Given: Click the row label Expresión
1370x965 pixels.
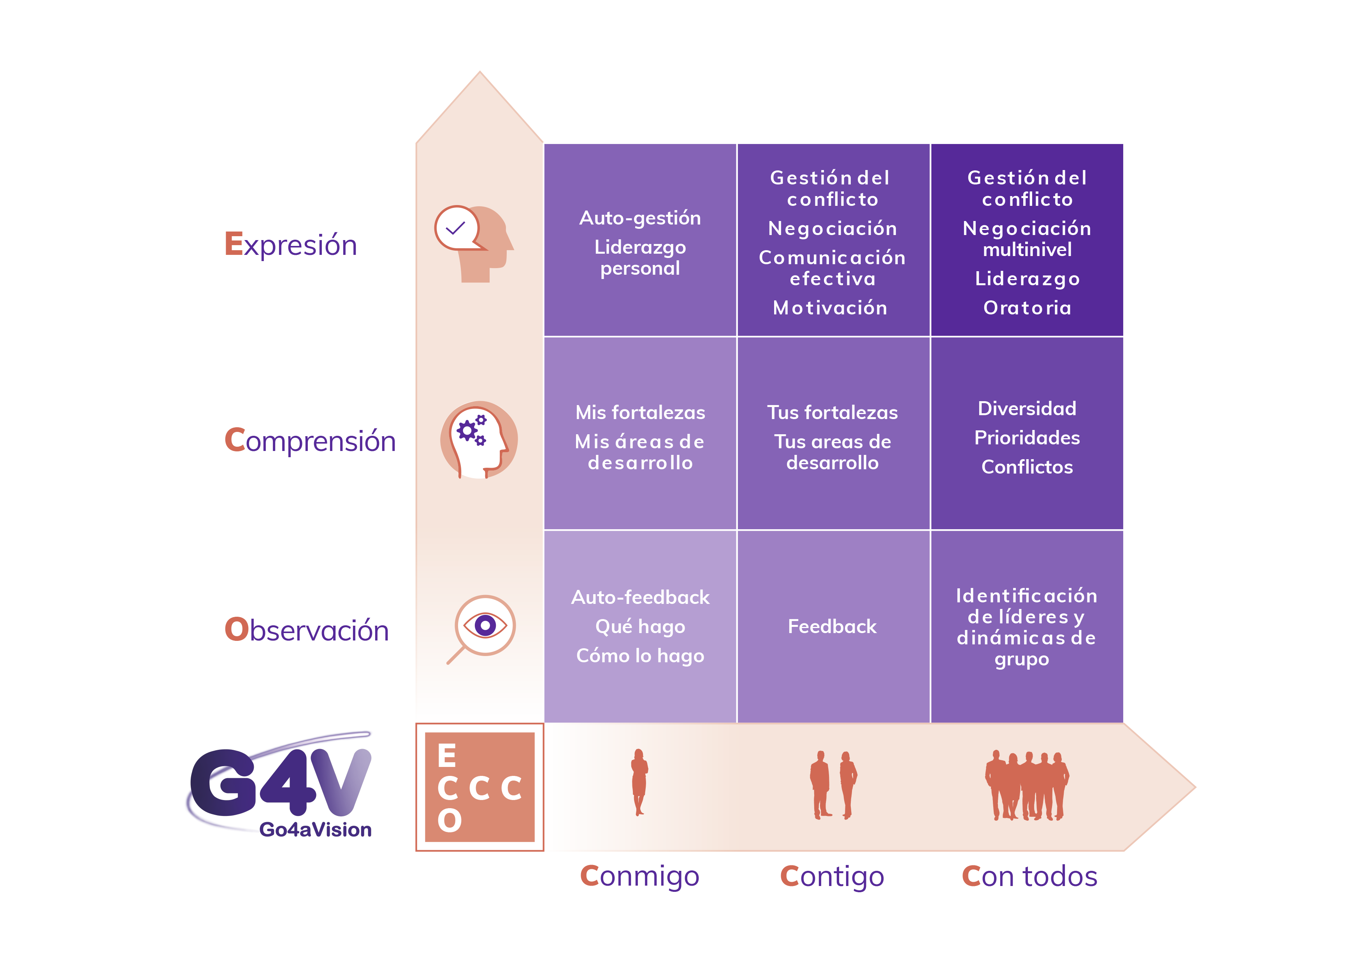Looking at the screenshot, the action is [x=291, y=244].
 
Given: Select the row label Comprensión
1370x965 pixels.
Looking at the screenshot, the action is [x=310, y=441].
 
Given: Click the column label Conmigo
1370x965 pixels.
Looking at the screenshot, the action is [x=639, y=877].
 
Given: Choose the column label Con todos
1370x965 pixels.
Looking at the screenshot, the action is [x=1029, y=876].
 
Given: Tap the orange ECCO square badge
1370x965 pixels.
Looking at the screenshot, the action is [x=480, y=787].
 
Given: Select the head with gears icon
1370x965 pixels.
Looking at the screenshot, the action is [x=479, y=440].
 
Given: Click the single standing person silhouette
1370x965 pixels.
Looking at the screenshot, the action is [x=639, y=782].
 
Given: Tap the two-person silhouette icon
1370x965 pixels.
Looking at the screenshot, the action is [x=833, y=785].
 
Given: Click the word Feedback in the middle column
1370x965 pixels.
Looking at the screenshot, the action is [x=833, y=626].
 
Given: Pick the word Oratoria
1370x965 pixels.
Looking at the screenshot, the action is [x=1027, y=308].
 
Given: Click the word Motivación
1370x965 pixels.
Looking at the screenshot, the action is [x=830, y=308].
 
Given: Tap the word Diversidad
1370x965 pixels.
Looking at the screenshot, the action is [x=1027, y=409].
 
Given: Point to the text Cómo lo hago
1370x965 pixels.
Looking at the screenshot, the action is [x=640, y=655].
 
